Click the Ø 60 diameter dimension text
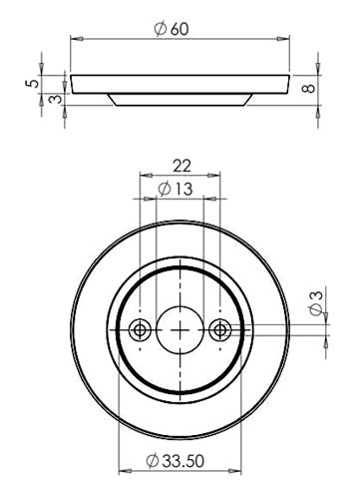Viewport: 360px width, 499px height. [172, 29]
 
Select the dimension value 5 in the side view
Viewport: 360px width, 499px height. [32, 82]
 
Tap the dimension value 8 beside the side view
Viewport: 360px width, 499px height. [309, 89]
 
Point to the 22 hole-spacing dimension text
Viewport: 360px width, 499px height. [181, 166]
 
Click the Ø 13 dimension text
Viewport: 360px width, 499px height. [176, 189]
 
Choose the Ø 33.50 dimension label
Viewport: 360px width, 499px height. [175, 461]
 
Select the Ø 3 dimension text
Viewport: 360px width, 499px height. [316, 303]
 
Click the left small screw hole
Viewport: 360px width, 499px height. [140, 330]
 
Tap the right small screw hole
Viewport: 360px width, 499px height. [219, 330]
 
